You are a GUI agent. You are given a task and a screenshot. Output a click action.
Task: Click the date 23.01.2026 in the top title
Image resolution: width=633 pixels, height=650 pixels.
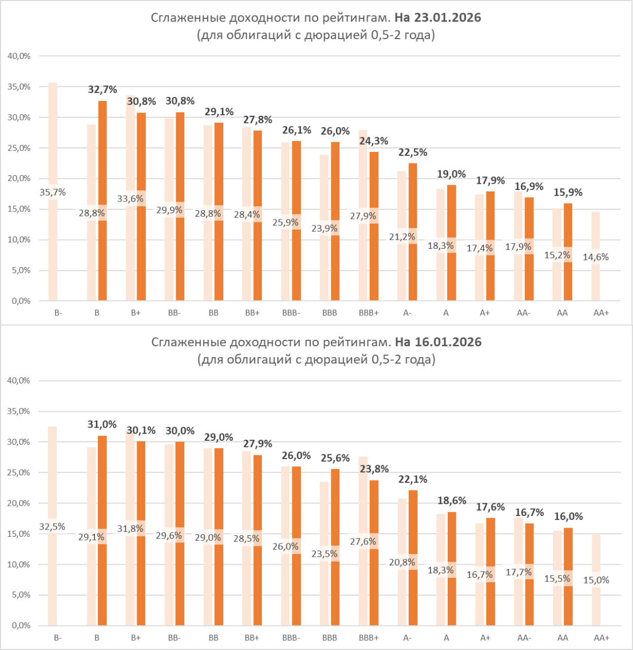[447, 18]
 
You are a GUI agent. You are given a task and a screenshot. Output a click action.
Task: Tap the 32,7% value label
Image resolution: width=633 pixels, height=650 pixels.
[102, 90]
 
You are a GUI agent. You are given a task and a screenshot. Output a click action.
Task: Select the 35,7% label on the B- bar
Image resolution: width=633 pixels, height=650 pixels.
[53, 192]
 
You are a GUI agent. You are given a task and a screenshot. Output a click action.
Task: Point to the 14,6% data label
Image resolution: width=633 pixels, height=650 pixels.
[595, 257]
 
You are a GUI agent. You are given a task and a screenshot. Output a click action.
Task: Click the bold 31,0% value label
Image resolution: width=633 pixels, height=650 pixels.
[102, 425]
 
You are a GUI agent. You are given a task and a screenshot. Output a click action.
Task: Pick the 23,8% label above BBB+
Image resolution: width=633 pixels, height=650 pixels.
[374, 469]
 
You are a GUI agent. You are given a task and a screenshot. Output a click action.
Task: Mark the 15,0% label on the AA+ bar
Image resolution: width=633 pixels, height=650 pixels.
[596, 580]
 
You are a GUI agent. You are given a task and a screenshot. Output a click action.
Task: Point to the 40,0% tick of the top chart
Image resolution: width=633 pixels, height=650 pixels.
[19, 56]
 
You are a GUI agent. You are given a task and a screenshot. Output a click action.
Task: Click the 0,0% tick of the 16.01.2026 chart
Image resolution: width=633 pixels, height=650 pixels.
[21, 626]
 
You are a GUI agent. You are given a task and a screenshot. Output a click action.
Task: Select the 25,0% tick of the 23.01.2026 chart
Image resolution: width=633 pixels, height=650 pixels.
[19, 148]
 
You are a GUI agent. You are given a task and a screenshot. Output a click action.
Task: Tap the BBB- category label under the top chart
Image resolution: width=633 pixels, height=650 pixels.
[291, 313]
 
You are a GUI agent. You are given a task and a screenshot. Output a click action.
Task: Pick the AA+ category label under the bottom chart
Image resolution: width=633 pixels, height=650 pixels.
[601, 638]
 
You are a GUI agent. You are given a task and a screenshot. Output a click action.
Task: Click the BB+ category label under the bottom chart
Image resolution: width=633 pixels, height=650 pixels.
[252, 638]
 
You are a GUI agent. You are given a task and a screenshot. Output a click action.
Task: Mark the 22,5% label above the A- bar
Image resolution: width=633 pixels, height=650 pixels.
[413, 153]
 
